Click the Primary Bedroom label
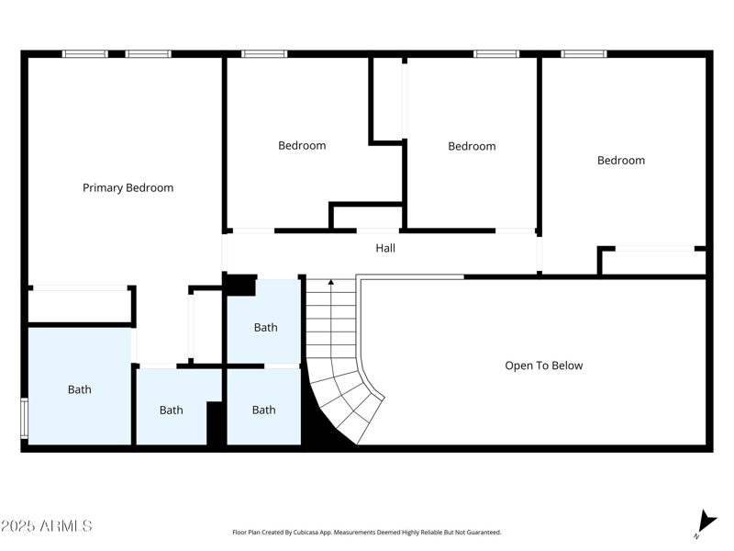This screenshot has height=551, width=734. pyautogui.click(x=128, y=187)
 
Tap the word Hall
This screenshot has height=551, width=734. pyautogui.click(x=385, y=248)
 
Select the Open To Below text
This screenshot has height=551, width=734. pyautogui.click(x=543, y=365)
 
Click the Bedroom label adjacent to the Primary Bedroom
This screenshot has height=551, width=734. pyautogui.click(x=302, y=145)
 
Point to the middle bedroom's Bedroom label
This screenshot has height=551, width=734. pyautogui.click(x=472, y=146)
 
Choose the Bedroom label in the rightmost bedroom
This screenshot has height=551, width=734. pyautogui.click(x=620, y=160)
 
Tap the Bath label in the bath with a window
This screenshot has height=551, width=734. pyautogui.click(x=80, y=389)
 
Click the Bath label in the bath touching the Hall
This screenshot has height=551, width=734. pyautogui.click(x=265, y=327)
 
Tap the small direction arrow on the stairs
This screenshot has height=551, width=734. pyautogui.click(x=331, y=285)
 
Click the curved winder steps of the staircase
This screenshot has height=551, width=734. pyautogui.click(x=353, y=404)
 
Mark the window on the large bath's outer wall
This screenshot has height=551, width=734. pyautogui.click(x=25, y=418)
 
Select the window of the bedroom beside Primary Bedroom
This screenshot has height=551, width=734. pyautogui.click(x=264, y=54)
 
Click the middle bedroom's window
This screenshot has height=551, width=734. pyautogui.click(x=496, y=54)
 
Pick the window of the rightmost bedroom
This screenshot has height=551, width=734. pyautogui.click(x=584, y=54)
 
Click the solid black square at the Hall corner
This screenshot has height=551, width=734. pyautogui.click(x=240, y=286)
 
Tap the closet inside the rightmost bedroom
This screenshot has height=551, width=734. pyautogui.click(x=654, y=262)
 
